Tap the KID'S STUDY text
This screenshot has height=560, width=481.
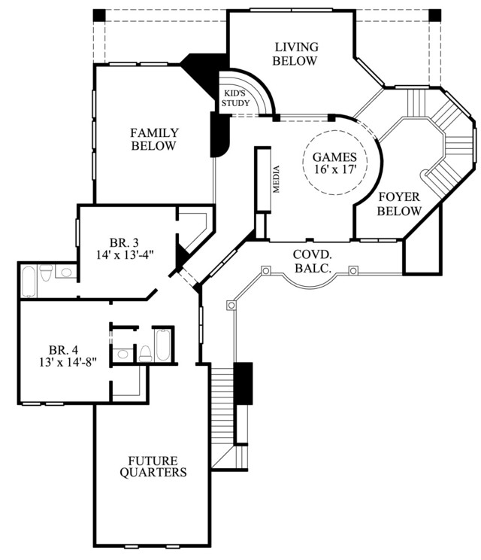(235, 98)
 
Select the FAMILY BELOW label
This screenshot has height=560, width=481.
(153, 139)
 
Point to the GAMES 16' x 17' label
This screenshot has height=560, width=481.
(334, 163)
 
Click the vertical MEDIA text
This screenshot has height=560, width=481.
(277, 179)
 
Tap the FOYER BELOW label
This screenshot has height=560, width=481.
(399, 204)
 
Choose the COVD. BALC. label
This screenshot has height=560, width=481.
(313, 261)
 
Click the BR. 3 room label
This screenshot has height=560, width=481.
(124, 243)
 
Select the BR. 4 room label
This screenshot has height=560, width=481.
(63, 349)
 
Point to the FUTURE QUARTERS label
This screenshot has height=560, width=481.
(153, 467)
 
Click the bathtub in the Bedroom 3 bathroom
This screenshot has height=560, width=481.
(29, 282)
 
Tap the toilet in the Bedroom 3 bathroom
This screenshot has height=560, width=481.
(46, 273)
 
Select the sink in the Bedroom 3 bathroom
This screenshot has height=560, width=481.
(66, 272)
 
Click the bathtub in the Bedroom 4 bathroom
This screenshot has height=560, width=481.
(163, 345)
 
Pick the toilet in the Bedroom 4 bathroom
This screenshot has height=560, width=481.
(145, 354)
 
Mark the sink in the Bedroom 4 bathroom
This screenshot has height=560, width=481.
(123, 355)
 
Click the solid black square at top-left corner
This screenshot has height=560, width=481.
(99, 15)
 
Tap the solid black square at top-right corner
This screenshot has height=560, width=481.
(434, 15)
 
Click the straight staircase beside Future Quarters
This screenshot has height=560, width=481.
(222, 415)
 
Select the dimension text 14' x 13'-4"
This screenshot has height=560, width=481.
(125, 254)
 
